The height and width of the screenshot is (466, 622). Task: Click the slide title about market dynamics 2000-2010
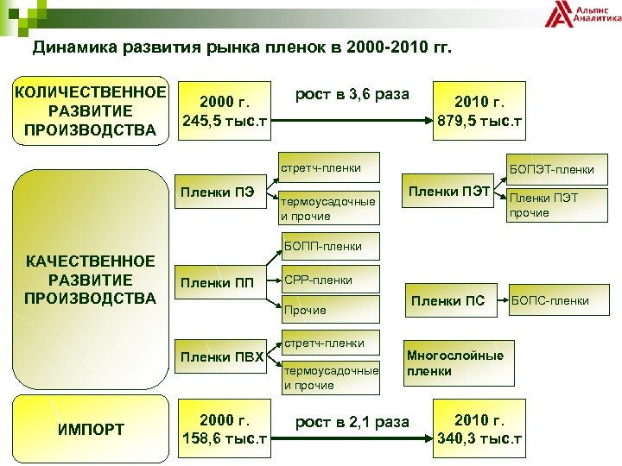pyautogui.click(x=242, y=47)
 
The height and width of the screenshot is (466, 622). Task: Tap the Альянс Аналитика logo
pyautogui.click(x=584, y=14)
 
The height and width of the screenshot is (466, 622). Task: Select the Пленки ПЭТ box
pyautogui.click(x=449, y=189)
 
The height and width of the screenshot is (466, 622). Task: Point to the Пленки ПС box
pyautogui.click(x=449, y=301)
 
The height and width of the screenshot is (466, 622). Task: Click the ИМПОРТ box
pyautogui.click(x=91, y=429)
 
